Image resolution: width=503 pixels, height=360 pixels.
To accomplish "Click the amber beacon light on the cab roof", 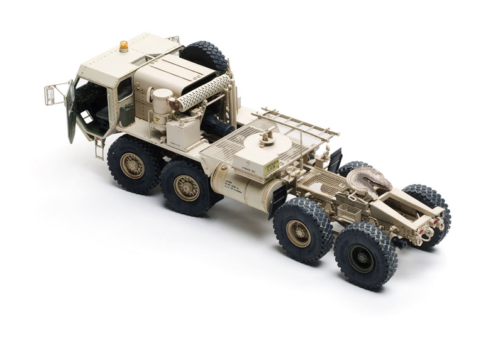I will click(124, 46).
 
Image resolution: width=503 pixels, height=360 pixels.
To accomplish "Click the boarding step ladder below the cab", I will click(99, 149).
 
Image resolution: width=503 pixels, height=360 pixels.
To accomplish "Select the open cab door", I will click(71, 112).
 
